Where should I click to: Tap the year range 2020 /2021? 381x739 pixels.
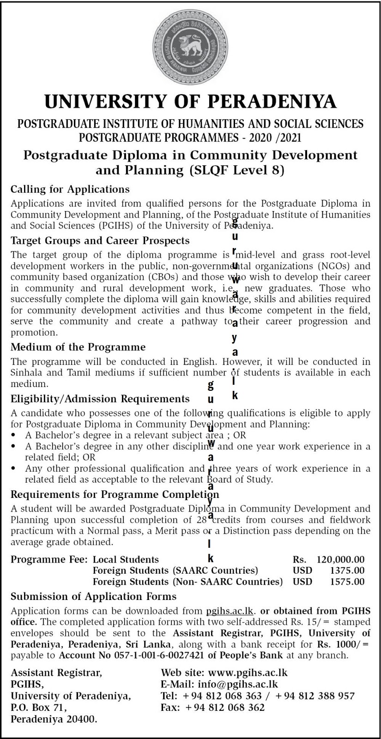271,137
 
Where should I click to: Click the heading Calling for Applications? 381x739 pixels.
70,189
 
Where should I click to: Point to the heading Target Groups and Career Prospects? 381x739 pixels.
100,241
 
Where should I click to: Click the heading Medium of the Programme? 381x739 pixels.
78,347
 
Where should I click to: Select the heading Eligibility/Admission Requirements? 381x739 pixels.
100,399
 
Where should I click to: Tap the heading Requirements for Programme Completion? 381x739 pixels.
115,495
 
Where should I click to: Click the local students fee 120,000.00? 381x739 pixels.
340,559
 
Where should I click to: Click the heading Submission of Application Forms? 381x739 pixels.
94,596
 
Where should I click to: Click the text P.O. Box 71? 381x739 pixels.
39,707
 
